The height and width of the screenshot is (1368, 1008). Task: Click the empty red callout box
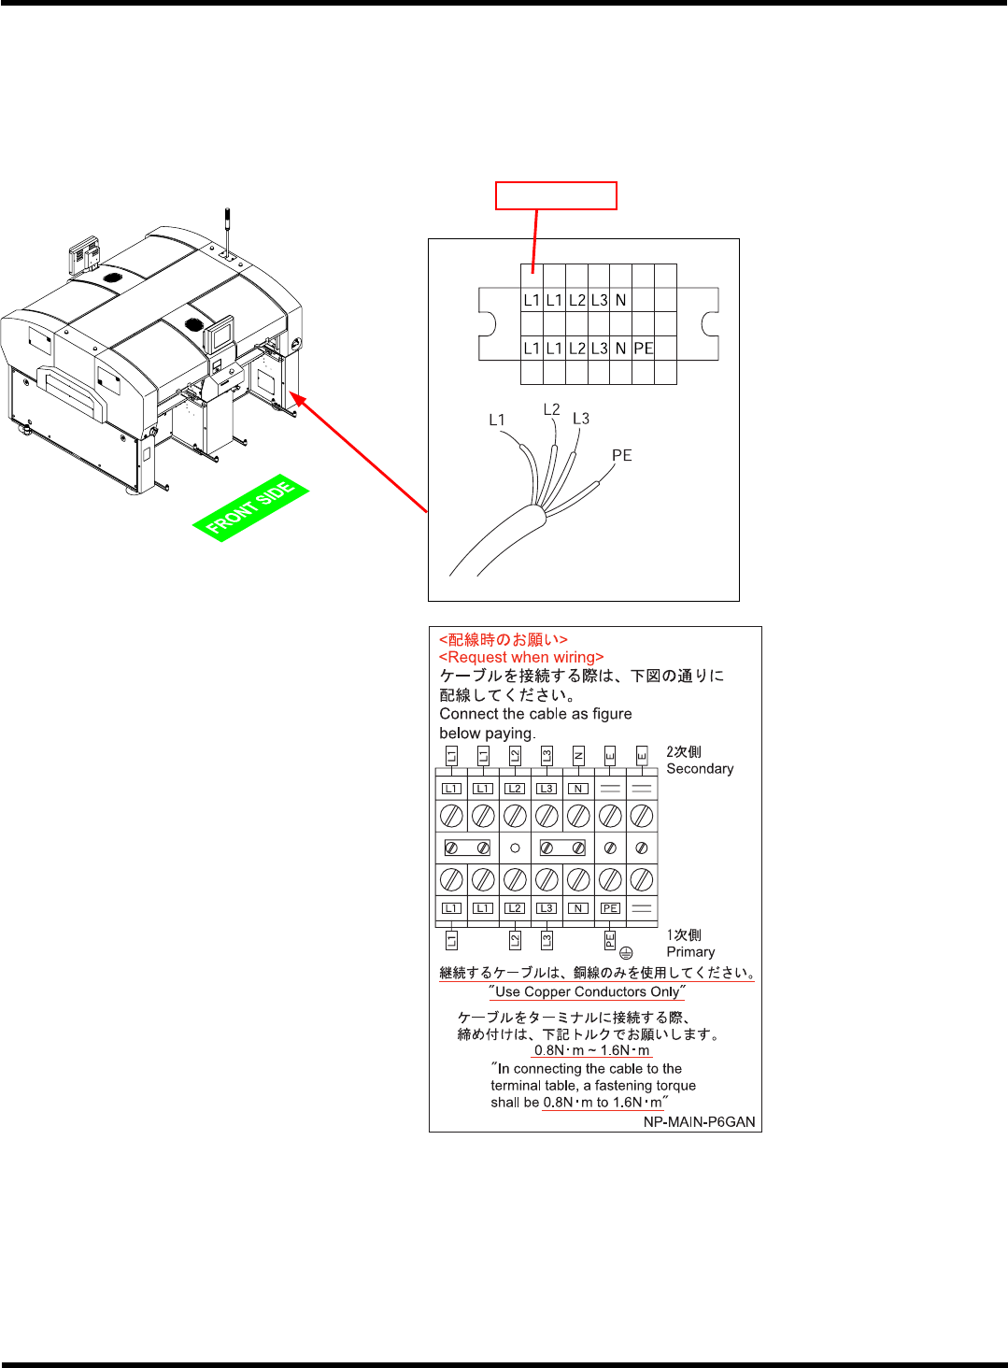coord(556,195)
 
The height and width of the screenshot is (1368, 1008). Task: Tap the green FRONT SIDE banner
coord(250,508)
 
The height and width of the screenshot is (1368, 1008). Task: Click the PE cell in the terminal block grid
coord(644,349)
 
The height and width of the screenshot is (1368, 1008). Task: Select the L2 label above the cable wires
coord(552,409)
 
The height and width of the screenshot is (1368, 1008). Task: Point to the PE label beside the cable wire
coord(622,455)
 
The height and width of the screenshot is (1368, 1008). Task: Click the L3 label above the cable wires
coord(581,418)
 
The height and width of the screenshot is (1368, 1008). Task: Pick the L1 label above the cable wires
coord(497,420)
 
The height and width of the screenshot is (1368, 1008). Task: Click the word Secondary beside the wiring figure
coord(700,769)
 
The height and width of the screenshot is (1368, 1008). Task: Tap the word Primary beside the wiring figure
coord(690,952)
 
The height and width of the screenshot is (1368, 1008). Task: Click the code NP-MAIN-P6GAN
coord(699,1121)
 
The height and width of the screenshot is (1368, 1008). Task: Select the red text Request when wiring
coord(521,657)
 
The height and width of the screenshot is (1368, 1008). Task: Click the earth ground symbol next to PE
coord(626,953)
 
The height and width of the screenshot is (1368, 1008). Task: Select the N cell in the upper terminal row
coord(620,300)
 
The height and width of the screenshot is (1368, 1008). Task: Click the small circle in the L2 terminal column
coord(515,848)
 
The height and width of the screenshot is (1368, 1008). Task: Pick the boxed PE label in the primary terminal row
coord(610,908)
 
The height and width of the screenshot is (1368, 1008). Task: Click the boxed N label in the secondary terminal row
coord(578,789)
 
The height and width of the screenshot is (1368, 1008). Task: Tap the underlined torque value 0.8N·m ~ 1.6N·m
coord(591,1050)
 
